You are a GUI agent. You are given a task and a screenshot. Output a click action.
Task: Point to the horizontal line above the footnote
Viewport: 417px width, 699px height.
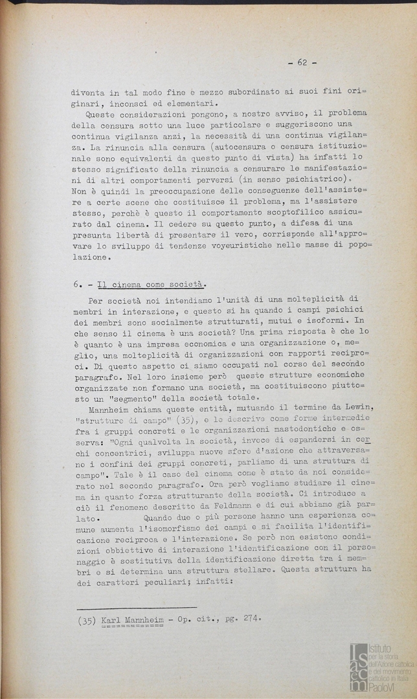136,608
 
